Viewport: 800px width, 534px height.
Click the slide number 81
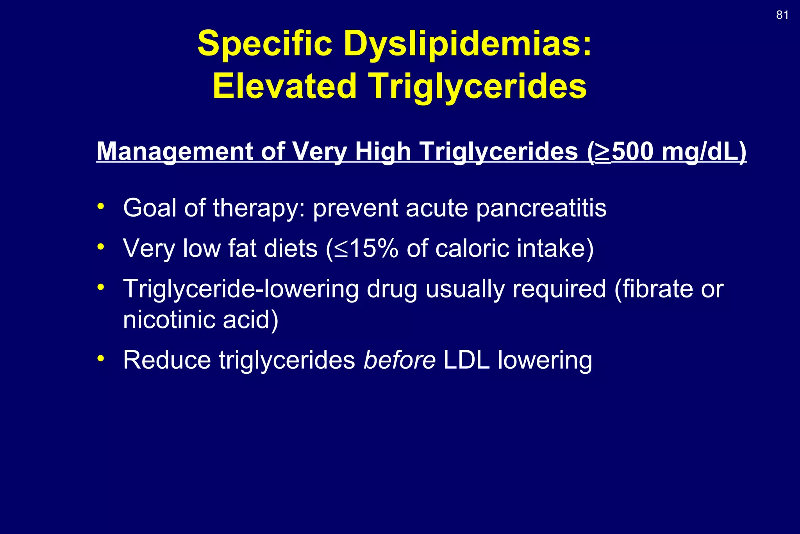pyautogui.click(x=782, y=15)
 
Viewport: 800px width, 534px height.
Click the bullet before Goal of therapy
pyautogui.click(x=101, y=206)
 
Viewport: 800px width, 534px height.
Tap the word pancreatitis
pyautogui.click(x=541, y=208)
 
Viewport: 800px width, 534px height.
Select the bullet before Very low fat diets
pyautogui.click(x=101, y=247)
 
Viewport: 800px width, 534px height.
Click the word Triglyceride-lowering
pyautogui.click(x=241, y=289)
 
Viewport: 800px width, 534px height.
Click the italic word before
pyautogui.click(x=399, y=360)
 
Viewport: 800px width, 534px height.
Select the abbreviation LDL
pyautogui.click(x=466, y=360)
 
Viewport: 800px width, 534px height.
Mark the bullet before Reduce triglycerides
pyautogui.click(x=101, y=358)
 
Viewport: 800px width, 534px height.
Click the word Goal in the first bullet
pyautogui.click(x=150, y=208)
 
